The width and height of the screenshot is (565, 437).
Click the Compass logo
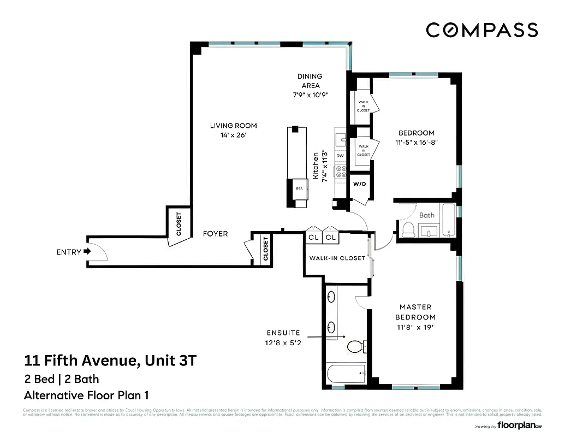pos(481,30)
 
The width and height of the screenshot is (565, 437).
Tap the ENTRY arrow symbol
pos(87,252)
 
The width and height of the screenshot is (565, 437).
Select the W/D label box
pos(359,184)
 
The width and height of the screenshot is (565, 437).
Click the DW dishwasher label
pos(340,156)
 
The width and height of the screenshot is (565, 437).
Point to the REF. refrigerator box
pos(299,188)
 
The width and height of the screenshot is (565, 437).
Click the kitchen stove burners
pos(341,173)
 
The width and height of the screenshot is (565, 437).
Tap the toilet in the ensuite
pos(355,346)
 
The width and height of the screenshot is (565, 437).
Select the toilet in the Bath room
pos(408,229)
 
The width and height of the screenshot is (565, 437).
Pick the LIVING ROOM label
pos(233,126)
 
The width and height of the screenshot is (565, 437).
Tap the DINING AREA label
pos(310,81)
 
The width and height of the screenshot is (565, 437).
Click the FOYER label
pos(215,234)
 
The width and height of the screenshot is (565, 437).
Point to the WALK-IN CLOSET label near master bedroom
pos(337,258)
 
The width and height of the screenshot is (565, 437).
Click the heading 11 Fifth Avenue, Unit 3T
pos(110,361)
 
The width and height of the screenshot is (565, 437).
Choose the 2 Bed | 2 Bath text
pos(62,379)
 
